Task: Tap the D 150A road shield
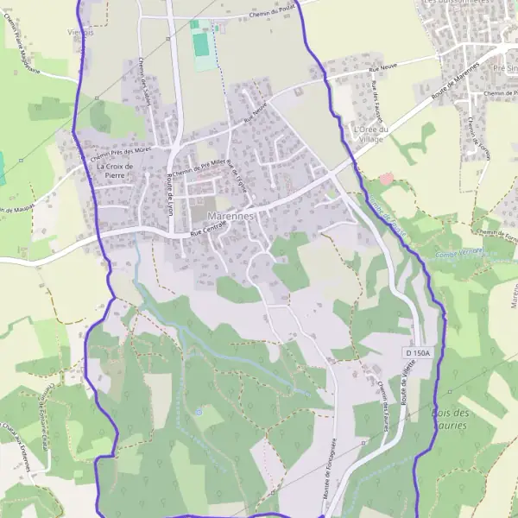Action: tap(415, 354)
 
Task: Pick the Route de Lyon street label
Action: tap(169, 193)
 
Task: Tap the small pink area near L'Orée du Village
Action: tap(386, 178)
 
